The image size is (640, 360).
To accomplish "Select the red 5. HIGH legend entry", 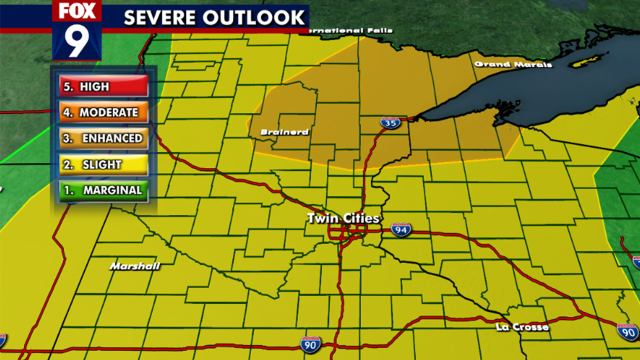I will point(103,86).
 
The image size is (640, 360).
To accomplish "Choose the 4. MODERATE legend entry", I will point(103,112).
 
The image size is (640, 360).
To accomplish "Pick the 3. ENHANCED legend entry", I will point(103,138).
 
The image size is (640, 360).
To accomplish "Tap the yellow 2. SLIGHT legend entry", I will point(103,164).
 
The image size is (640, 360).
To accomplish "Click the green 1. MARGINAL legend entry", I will point(103,190).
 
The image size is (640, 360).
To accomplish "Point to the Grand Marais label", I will point(513,64).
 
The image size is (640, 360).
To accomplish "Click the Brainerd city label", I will point(284,132).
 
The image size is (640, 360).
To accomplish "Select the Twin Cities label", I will point(343,218).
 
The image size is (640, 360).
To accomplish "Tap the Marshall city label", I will point(135,266).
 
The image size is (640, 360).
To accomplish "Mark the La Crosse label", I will point(522,327).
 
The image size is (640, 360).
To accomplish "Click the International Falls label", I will point(350,30).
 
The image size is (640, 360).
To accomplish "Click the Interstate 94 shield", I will point(401,229).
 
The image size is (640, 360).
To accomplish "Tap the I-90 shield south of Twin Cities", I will point(310,344).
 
